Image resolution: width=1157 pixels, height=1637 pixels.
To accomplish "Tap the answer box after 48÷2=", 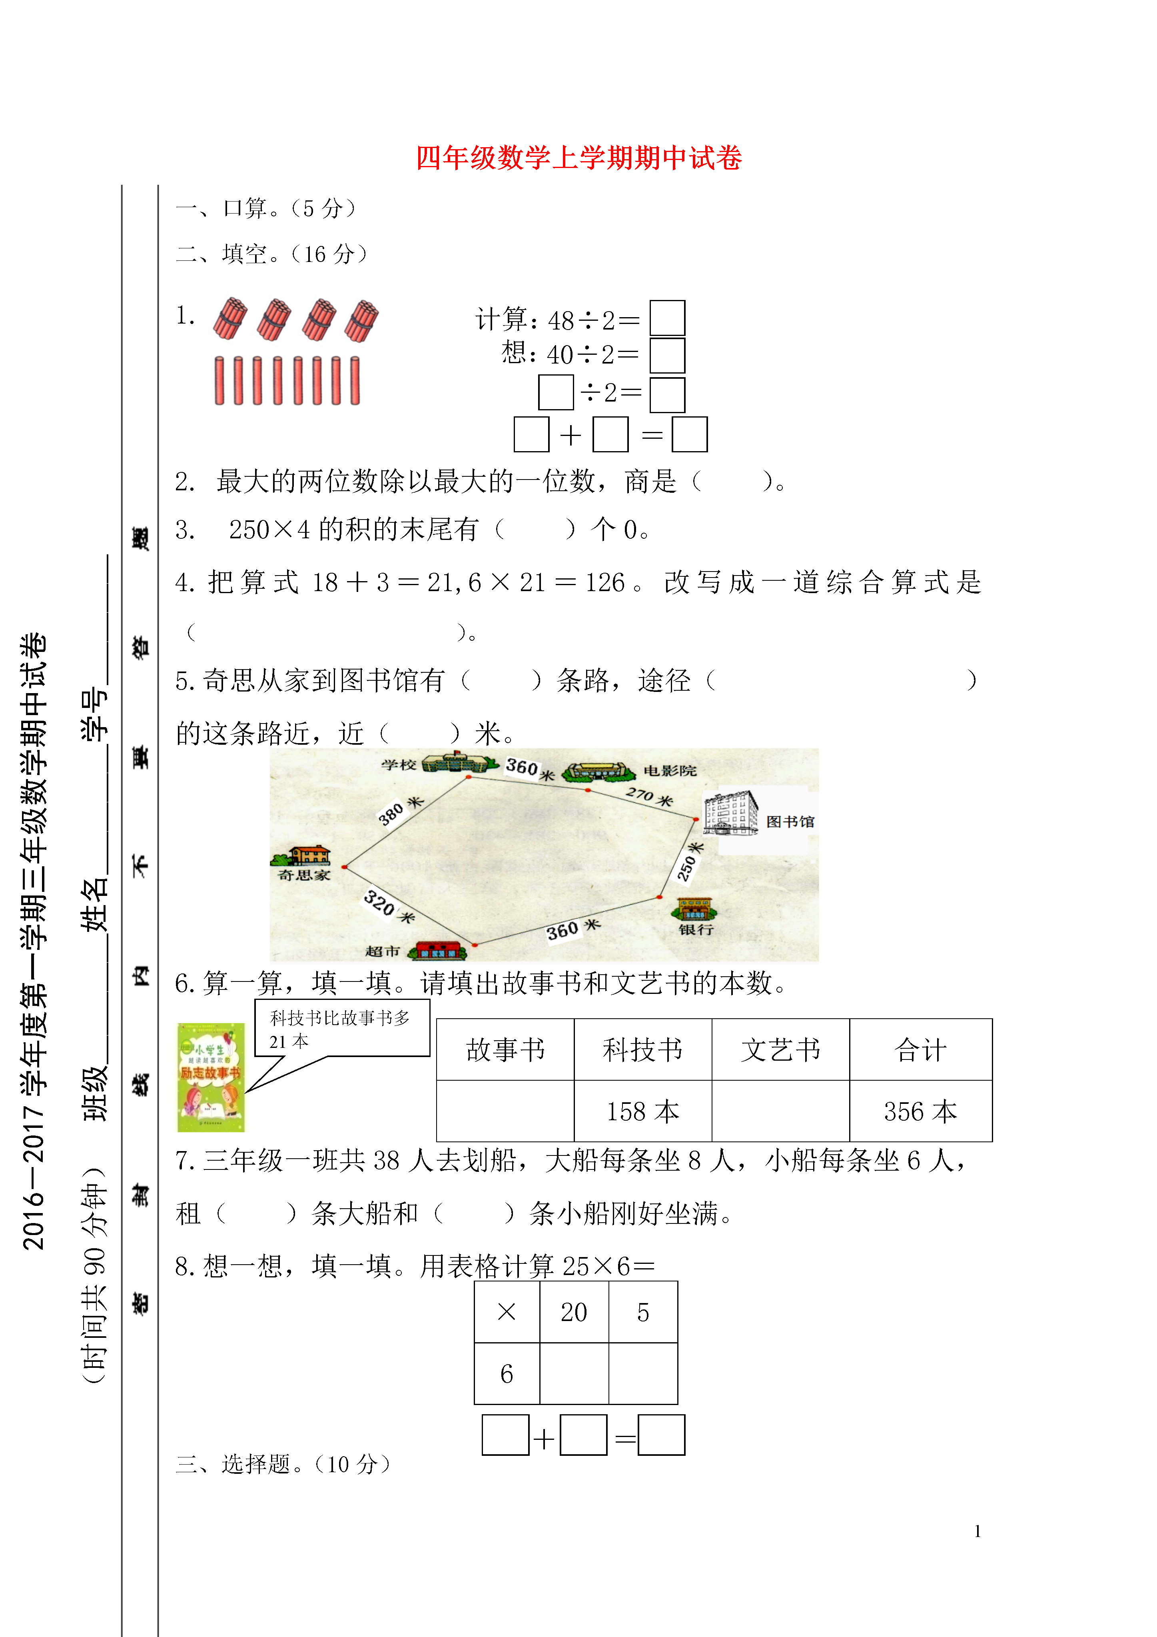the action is (x=667, y=318).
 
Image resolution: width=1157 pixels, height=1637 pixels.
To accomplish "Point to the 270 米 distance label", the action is (x=649, y=796).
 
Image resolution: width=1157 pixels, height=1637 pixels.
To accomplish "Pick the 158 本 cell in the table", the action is (x=642, y=1111).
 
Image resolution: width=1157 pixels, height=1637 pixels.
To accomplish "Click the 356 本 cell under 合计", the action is (x=920, y=1111).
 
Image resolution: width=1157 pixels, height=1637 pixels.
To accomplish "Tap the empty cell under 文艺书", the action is (x=781, y=1111).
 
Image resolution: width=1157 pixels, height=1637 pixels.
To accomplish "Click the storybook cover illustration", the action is (x=211, y=1077).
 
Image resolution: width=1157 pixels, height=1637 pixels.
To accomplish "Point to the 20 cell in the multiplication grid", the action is (x=574, y=1312).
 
